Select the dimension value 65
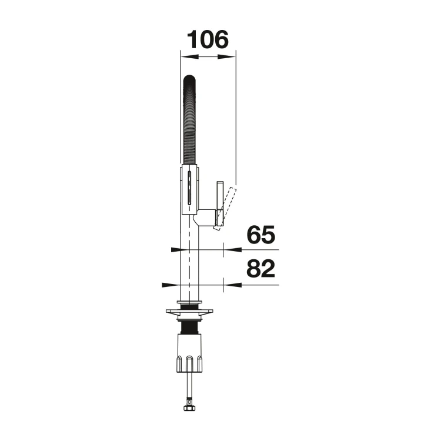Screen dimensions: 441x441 point(260,234)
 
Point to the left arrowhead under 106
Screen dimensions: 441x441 point(189,57)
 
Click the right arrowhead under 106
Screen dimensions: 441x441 point(227,57)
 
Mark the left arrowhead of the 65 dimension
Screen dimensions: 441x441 point(175,249)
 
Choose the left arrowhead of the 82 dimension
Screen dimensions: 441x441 point(171,285)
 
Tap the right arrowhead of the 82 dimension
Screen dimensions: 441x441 point(232,285)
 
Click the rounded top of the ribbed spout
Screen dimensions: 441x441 point(189,80)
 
